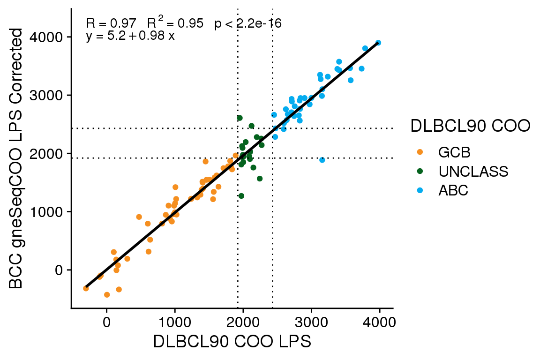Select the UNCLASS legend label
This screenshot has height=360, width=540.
[473, 172]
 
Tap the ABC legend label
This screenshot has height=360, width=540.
[453, 191]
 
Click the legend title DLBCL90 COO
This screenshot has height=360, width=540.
[470, 126]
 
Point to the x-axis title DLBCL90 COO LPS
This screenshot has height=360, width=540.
[232, 342]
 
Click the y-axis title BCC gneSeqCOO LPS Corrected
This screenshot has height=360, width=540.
[17, 158]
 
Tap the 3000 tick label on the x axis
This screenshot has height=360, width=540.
[311, 323]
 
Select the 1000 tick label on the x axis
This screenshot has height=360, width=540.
[175, 323]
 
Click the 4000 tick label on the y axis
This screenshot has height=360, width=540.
[48, 37]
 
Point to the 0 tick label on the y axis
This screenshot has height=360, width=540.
[58, 270]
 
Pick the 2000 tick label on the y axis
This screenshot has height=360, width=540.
[48, 154]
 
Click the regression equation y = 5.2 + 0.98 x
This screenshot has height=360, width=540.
[130, 36]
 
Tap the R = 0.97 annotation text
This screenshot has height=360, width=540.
[111, 23]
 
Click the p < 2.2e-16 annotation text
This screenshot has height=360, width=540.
[248, 23]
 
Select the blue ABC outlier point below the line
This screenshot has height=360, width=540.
[322, 160]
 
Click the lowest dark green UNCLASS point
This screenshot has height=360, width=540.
[241, 196]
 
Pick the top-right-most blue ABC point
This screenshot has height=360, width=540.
[378, 43]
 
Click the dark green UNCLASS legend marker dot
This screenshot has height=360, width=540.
[420, 172]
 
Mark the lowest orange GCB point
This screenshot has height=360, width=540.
[107, 295]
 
